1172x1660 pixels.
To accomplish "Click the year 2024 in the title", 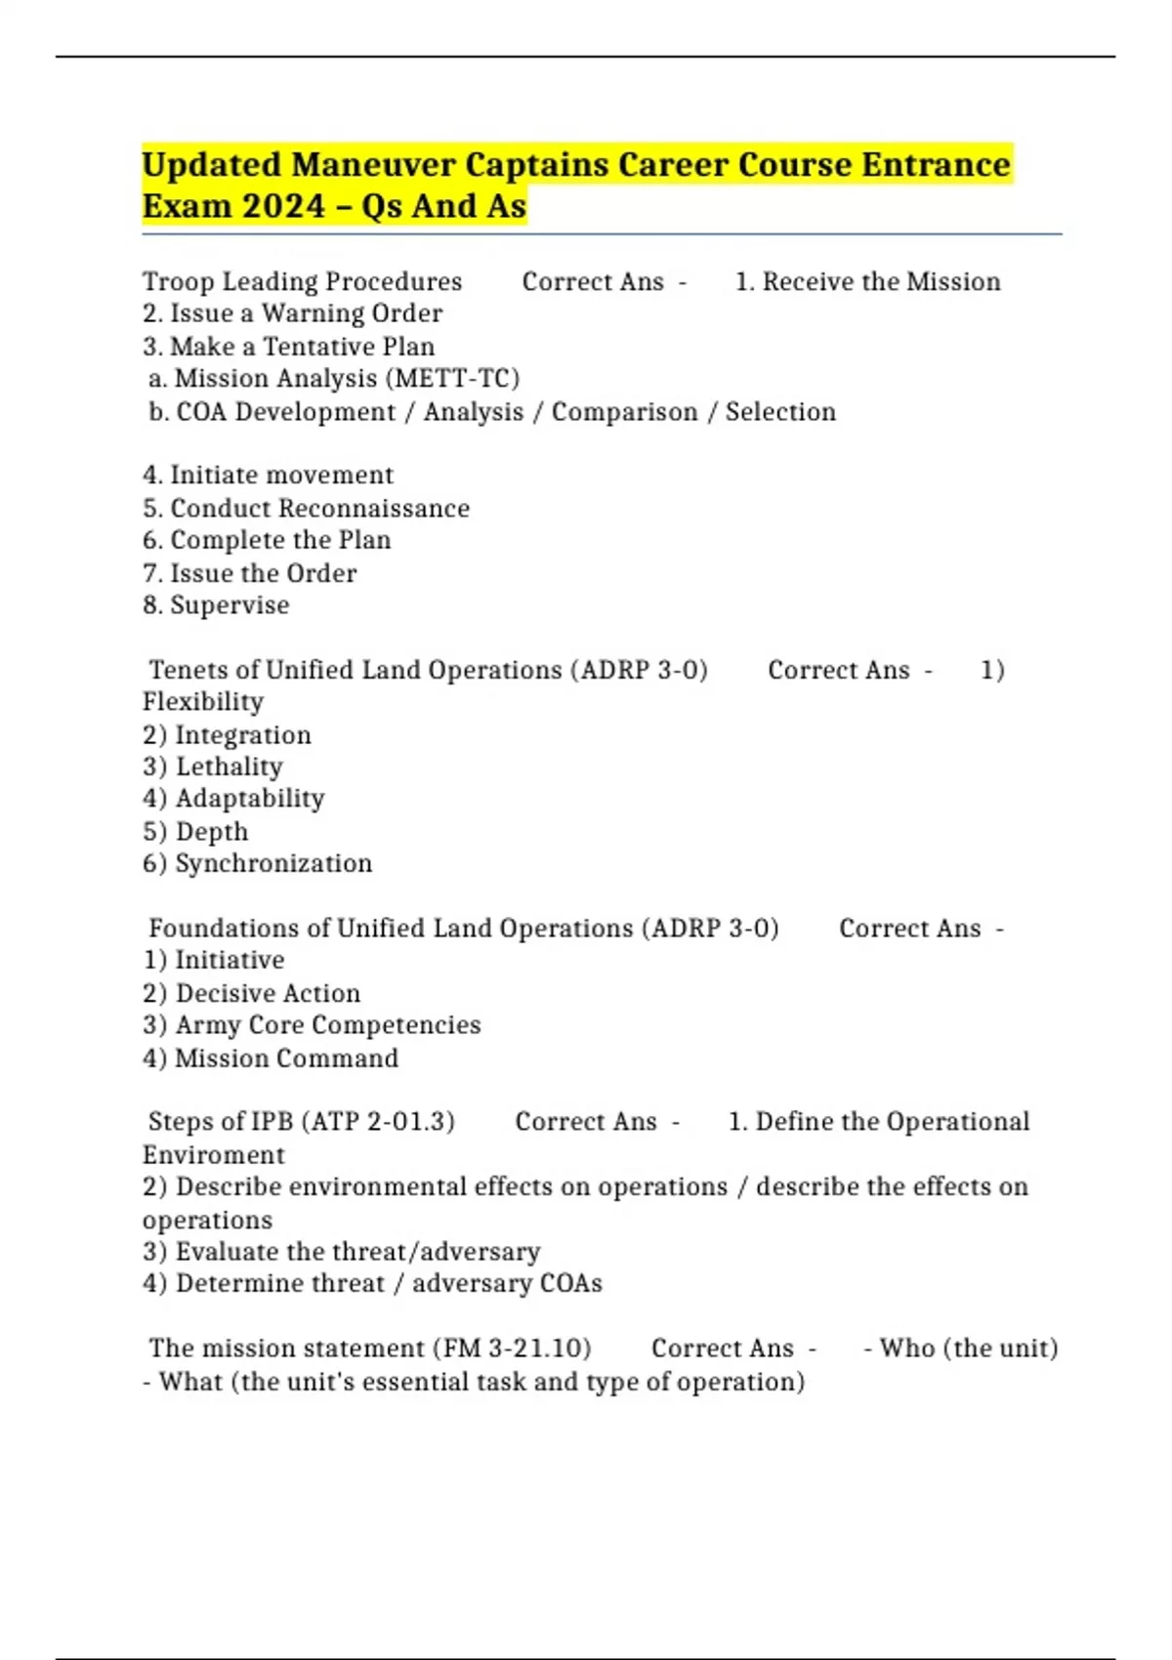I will point(282,206).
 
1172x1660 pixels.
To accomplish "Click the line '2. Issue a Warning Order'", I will point(292,313).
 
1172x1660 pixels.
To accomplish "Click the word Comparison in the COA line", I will point(624,412).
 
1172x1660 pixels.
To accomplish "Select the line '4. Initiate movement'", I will point(268,476).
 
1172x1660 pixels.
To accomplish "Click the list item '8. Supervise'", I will point(216,605).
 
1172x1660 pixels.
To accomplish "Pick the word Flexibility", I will point(203,702).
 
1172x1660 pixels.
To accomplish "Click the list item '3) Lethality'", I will point(213,768).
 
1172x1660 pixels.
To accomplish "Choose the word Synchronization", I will point(273,864).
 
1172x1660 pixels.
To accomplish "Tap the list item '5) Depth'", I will point(195,832).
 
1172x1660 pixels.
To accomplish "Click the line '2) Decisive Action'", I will point(252,994).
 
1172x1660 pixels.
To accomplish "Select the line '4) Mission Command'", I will point(271,1058).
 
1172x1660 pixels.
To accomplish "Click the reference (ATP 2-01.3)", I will point(378,1122).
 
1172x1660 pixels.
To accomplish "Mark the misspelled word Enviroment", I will point(213,1155).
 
